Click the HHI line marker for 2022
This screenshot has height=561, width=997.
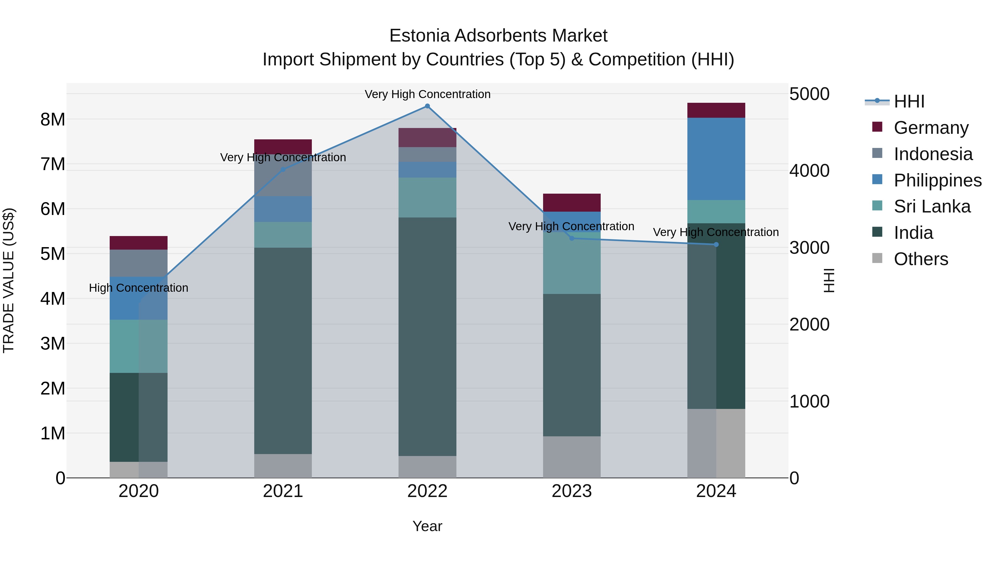tap(427, 106)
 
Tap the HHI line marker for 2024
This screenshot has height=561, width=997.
tap(716, 244)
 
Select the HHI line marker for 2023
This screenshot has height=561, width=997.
tap(572, 238)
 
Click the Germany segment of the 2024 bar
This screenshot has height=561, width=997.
tap(716, 110)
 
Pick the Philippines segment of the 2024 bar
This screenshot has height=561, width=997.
tap(716, 159)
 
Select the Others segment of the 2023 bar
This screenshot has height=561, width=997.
tap(572, 457)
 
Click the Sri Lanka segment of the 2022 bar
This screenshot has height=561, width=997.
tap(427, 198)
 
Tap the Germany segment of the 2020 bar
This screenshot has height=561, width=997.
tap(138, 243)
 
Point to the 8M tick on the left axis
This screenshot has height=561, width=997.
tap(53, 119)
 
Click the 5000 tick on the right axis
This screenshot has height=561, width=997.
tap(809, 94)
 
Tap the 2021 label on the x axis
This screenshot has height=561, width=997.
tap(283, 491)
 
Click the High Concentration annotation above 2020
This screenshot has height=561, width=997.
tap(138, 288)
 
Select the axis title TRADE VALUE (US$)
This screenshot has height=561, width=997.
tap(9, 280)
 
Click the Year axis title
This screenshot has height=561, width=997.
tap(427, 526)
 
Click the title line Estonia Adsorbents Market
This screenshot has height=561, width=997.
tap(498, 36)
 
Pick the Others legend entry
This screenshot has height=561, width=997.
tap(920, 259)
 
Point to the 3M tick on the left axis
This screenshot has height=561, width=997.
tap(53, 344)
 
